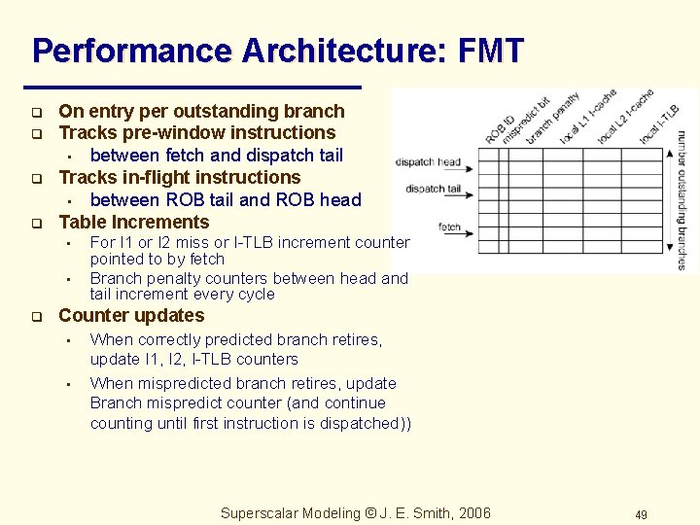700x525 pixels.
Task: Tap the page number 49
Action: click(641, 514)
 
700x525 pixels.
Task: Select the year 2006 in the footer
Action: click(474, 513)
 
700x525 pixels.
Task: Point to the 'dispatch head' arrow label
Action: click(428, 161)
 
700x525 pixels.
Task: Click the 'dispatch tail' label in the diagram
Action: click(433, 189)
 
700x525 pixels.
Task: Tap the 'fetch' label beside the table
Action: click(449, 227)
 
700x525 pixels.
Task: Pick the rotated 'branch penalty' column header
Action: click(551, 119)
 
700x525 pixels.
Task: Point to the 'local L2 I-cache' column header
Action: click(623, 118)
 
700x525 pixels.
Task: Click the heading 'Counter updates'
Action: click(131, 316)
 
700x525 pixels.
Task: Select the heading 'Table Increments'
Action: click(133, 222)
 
